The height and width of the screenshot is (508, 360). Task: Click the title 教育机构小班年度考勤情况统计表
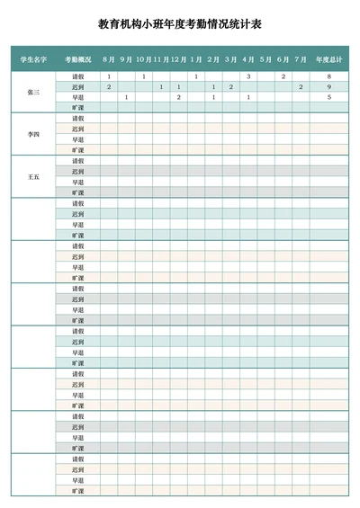[180, 25]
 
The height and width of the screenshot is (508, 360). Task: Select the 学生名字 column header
[33, 59]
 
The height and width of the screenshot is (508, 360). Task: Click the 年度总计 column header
[328, 59]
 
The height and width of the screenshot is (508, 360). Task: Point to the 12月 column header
[178, 59]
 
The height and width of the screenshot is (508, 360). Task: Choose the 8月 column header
[109, 59]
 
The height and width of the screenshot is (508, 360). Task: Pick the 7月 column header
[301, 59]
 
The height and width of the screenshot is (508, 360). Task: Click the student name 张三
[33, 92]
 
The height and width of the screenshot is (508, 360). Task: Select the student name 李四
[33, 135]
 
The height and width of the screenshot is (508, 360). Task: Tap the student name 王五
[33, 177]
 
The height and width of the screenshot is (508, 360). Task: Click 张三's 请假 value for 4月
[248, 77]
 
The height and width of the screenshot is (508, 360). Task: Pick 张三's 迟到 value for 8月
[109, 87]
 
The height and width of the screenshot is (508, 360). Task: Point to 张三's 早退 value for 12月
[178, 97]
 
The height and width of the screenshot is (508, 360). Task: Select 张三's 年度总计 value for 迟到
[328, 87]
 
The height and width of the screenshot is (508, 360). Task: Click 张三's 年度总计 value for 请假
[328, 77]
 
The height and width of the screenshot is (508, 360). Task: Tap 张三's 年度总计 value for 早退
[328, 97]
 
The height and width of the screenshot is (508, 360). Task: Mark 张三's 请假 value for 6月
[283, 77]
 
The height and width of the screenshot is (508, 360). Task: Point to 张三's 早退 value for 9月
[126, 97]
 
